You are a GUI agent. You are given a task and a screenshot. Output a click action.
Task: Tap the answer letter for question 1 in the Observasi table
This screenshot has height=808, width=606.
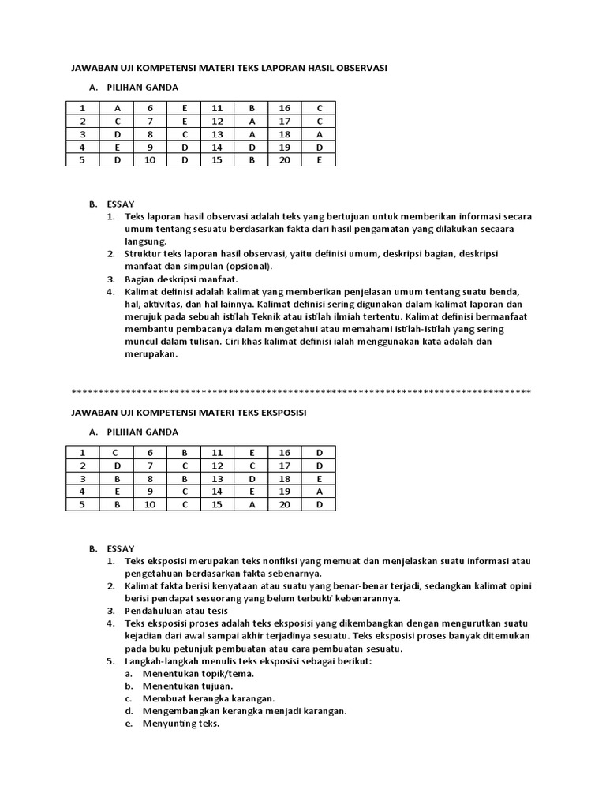tap(118, 109)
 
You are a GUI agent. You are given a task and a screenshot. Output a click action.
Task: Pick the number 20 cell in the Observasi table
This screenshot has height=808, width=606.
tap(285, 159)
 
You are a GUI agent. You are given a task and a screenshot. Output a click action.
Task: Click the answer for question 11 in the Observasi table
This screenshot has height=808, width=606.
tap(252, 109)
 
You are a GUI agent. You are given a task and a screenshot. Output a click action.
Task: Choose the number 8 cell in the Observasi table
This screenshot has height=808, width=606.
tap(150, 134)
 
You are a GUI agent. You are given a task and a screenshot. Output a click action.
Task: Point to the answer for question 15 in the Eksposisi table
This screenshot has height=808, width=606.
tap(252, 503)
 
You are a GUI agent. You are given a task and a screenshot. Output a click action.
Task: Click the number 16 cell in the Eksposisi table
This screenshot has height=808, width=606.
tap(285, 453)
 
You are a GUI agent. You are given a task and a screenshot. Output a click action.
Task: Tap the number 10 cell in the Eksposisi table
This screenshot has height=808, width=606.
tap(150, 503)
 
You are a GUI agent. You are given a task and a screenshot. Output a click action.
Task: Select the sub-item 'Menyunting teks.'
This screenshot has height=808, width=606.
tap(180, 724)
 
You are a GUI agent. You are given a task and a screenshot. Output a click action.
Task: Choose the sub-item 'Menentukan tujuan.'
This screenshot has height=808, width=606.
tap(187, 686)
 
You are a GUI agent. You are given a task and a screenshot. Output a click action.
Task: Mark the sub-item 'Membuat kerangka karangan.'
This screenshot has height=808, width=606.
tap(208, 698)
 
